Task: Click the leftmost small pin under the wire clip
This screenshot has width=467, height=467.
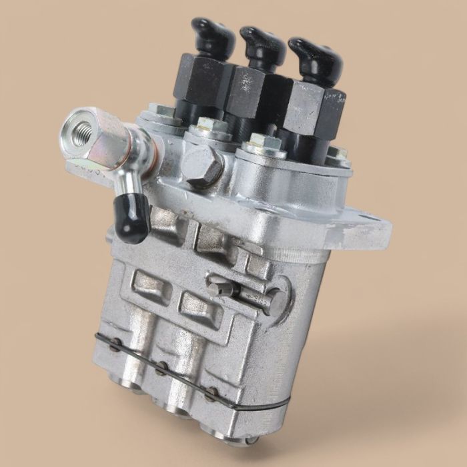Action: [x=117, y=345]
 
